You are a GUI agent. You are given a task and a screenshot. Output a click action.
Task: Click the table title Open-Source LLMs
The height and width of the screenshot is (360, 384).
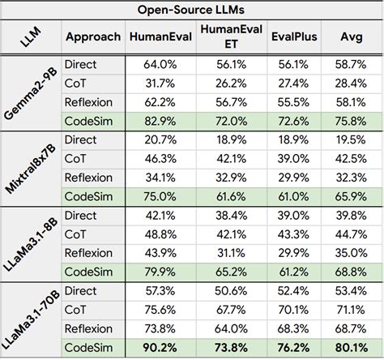pos(192,10)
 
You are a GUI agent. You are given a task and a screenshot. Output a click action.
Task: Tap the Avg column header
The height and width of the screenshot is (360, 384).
pos(351,37)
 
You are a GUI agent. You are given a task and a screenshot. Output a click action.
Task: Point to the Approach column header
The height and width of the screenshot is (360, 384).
pos(93,37)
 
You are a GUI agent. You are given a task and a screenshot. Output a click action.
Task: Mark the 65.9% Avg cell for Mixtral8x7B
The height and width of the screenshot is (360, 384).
pos(351,196)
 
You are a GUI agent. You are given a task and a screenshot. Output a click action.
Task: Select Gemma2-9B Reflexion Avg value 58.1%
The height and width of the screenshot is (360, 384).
pos(351,103)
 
